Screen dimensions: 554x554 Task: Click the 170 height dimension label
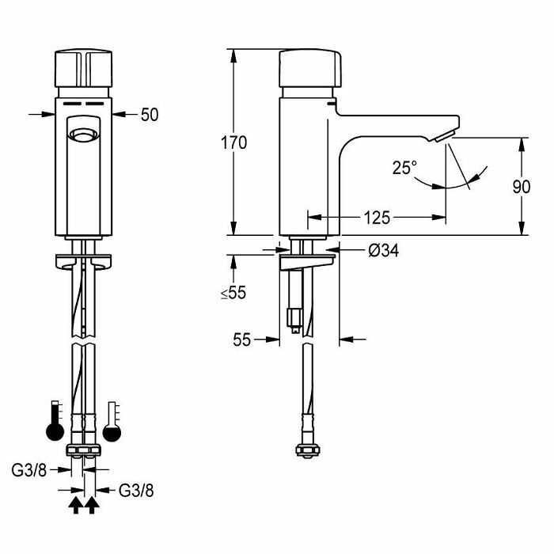[233, 143]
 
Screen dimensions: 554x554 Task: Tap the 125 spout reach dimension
[377, 218]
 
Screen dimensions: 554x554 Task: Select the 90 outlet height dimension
[521, 187]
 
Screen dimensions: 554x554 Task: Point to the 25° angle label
[404, 168]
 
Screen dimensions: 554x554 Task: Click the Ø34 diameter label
[383, 251]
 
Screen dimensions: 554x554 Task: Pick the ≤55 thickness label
[233, 293]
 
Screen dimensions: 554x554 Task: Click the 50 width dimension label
[150, 115]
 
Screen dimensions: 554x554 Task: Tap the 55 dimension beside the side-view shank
[241, 340]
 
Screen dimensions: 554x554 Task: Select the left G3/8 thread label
[29, 470]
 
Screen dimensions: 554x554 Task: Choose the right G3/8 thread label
[136, 491]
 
